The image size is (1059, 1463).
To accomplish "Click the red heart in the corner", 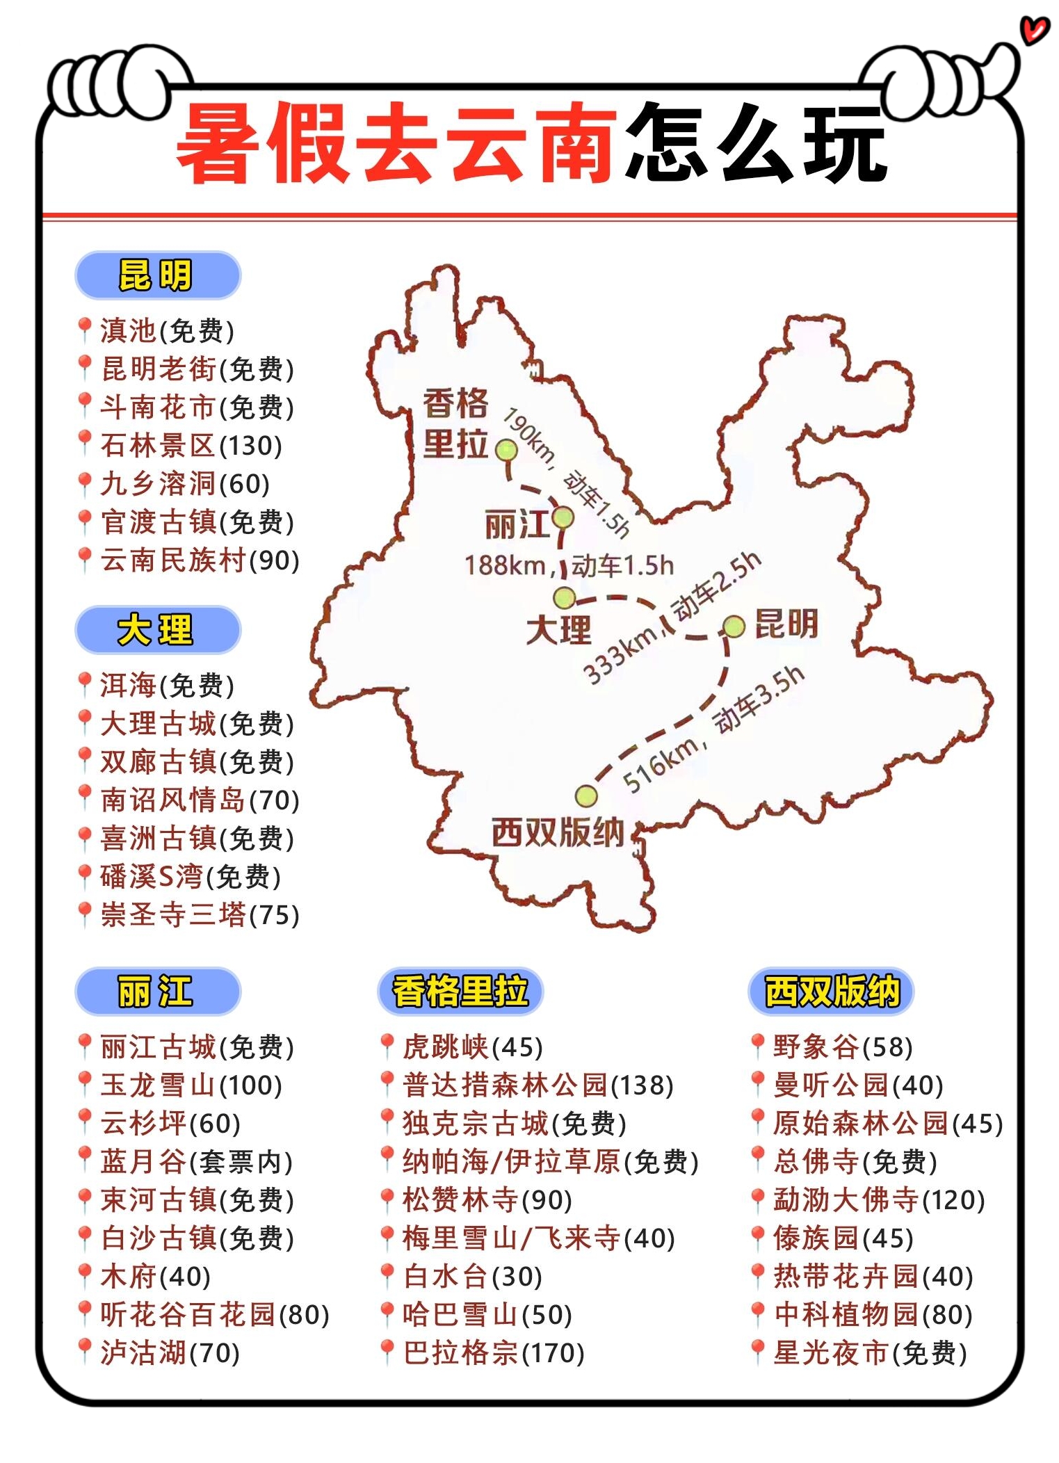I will pyautogui.click(x=1035, y=30).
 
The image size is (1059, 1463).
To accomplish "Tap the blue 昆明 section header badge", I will pyautogui.click(x=158, y=275).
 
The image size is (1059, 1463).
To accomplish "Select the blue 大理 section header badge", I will pyautogui.click(x=158, y=630).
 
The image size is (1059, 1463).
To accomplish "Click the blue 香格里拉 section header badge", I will pyautogui.click(x=460, y=991).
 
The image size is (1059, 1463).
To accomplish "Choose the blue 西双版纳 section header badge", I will pyautogui.click(x=831, y=991).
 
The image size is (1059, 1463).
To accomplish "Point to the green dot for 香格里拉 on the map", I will pyautogui.click(x=506, y=451).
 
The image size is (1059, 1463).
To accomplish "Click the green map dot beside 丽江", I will pyautogui.click(x=563, y=517).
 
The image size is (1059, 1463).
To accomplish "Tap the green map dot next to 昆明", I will pyautogui.click(x=734, y=627).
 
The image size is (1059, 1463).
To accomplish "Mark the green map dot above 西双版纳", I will pyautogui.click(x=586, y=795).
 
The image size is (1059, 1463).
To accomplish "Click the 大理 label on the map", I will pyautogui.click(x=558, y=630).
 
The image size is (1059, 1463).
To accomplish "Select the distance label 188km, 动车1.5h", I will pyautogui.click(x=569, y=565).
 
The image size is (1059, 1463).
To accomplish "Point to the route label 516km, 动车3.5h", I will pyautogui.click(x=713, y=729).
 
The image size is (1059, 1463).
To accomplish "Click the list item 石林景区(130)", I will pyautogui.click(x=191, y=446).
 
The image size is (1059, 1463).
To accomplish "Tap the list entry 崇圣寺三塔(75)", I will pyautogui.click(x=200, y=915).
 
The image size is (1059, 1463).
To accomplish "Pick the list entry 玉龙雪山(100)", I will pyautogui.click(x=191, y=1085).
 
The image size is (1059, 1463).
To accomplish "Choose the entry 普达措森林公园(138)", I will pyautogui.click(x=537, y=1085).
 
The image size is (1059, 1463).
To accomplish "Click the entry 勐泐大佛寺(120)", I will pyautogui.click(x=879, y=1200).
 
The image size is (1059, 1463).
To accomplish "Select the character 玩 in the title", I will pyautogui.click(x=845, y=146).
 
